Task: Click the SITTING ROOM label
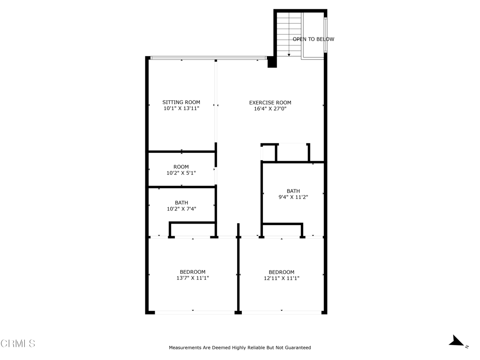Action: coord(181,102)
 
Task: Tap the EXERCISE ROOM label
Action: coord(270,103)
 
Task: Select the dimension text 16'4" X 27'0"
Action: coord(270,109)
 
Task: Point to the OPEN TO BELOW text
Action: coord(313,39)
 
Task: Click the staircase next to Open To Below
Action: coord(288,33)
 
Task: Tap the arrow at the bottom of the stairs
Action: coord(289,54)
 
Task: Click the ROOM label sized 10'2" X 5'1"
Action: coord(181,167)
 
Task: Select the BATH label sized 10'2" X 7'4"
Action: coord(181,202)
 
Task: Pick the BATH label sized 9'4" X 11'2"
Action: coord(293,191)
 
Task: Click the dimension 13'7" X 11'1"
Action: coord(193,278)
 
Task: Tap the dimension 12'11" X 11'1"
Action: coord(281,278)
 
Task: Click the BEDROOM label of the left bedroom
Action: coord(193,272)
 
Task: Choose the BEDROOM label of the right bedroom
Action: coord(281,272)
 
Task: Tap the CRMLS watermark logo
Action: coord(18,344)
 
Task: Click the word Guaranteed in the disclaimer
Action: coord(296,348)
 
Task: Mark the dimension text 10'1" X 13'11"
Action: coord(181,109)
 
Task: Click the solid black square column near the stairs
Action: coord(272,62)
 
